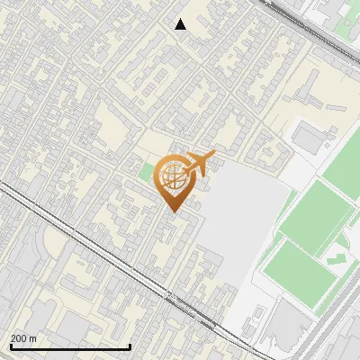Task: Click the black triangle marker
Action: (181, 24)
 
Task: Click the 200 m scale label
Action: (22, 338)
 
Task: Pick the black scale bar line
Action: (69, 346)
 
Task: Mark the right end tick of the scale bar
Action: (130, 345)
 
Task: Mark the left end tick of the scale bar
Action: (9, 345)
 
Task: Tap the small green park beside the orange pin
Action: (148, 172)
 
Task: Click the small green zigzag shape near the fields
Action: (335, 258)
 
